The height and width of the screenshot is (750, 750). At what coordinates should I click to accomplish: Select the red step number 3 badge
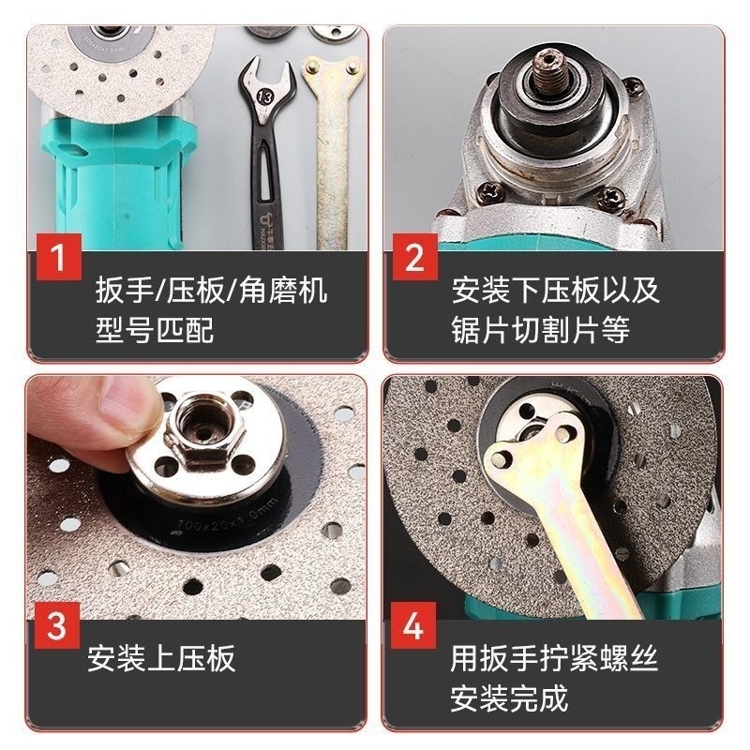tap(57, 626)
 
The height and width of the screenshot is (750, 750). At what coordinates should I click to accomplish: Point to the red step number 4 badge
tap(415, 626)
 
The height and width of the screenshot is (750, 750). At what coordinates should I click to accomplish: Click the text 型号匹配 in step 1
tap(155, 330)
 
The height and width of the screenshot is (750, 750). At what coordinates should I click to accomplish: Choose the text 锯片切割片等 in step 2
tap(541, 330)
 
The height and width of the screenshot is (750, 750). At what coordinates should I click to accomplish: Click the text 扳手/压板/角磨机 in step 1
tap(211, 290)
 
